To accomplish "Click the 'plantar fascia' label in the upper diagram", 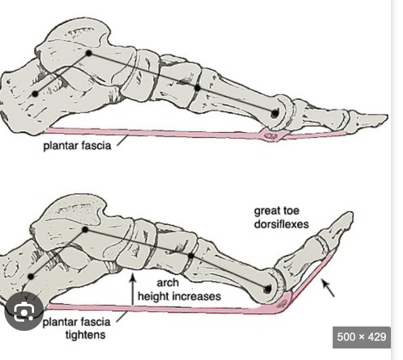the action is pos(77,146).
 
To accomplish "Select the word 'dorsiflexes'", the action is pos(281,224).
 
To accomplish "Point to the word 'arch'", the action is pos(168,284).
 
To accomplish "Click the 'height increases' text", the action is pos(179,296).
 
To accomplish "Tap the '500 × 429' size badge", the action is pos(362,336).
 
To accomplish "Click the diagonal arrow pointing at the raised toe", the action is pos(328,288).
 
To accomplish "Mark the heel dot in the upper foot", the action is pos(35,94).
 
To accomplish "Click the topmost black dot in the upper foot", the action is pos(88,53).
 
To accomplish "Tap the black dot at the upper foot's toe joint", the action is pos(274,113).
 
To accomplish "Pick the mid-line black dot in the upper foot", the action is pos(197,87).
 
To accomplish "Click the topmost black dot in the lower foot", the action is pos(85,229).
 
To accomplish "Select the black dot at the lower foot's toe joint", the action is pos(267,289).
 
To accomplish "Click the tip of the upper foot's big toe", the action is pos(385,117).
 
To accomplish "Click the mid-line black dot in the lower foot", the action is pos(191,256).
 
